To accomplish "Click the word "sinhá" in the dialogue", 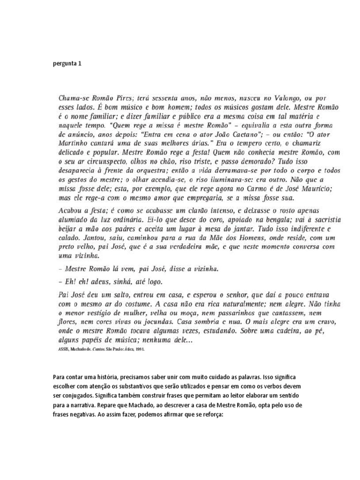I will pyautogui.click(x=120, y=282).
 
